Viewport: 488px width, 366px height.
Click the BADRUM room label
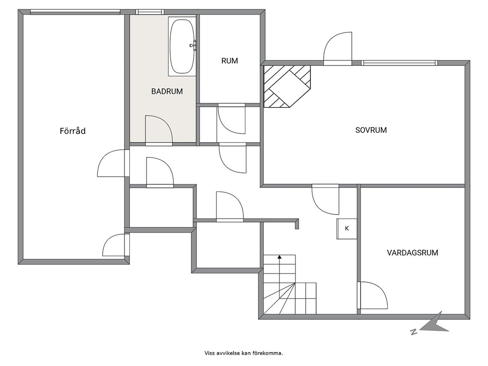point(167,91)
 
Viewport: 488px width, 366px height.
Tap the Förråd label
point(72,131)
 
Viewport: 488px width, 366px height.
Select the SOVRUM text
point(371,130)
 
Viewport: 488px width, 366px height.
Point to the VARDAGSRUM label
point(412,252)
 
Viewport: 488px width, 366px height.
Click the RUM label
point(230,61)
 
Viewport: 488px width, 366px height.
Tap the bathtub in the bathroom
point(182,46)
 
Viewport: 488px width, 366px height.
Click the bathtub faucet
point(193,45)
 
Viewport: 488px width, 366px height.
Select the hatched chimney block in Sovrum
point(287,86)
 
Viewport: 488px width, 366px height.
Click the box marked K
point(347,229)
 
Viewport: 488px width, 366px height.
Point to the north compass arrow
point(434,323)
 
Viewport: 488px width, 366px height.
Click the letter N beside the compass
point(414,332)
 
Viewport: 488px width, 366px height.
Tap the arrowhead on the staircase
point(279,257)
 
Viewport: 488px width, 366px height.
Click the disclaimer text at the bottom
point(244,353)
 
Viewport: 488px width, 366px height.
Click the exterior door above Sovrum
point(337,48)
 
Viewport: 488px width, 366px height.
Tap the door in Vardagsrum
point(372,295)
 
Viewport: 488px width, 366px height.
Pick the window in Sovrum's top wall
point(399,63)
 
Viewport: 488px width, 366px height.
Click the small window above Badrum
point(150,12)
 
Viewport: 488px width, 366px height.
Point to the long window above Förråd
point(75,12)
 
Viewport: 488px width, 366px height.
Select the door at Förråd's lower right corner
point(116,245)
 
